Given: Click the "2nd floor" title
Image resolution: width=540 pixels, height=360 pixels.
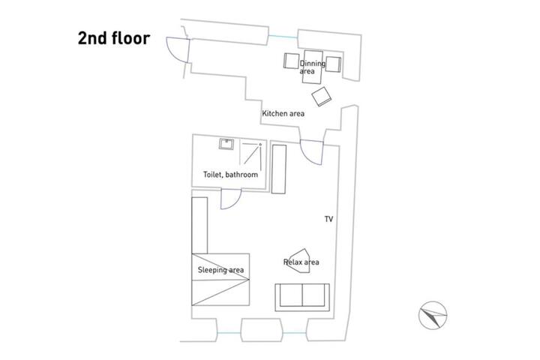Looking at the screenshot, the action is coord(114,38).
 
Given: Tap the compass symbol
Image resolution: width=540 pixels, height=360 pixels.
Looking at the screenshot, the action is coord(433,315).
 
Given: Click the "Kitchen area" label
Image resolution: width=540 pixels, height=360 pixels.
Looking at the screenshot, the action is coord(283,113).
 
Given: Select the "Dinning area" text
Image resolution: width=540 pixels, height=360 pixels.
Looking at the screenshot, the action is coord(312,67).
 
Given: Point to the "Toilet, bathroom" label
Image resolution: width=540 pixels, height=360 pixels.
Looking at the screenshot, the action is coord(230,175).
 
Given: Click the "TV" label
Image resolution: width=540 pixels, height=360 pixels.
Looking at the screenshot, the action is coord(329,219).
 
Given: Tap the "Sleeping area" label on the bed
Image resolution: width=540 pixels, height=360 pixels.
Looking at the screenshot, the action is coord(220,270).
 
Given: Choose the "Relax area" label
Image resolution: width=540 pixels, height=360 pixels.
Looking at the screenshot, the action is coord(301,262).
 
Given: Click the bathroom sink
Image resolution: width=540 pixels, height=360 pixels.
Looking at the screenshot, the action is coord(226,144).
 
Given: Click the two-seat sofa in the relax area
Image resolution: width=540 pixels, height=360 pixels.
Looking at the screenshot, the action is coord(302,297).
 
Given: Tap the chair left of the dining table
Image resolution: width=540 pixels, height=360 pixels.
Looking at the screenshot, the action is coord(291,61).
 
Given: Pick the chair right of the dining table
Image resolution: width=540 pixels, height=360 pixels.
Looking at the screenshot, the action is coord(333,64).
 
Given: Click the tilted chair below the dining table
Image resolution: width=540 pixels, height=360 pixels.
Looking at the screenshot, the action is coord(321,97).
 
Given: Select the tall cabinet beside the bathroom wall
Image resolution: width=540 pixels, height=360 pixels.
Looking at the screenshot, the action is coord(278,169).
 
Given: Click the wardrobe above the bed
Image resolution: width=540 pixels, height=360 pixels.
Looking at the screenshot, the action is coord(199,226).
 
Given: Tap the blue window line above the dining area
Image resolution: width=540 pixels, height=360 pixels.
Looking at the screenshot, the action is coord(283,36).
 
